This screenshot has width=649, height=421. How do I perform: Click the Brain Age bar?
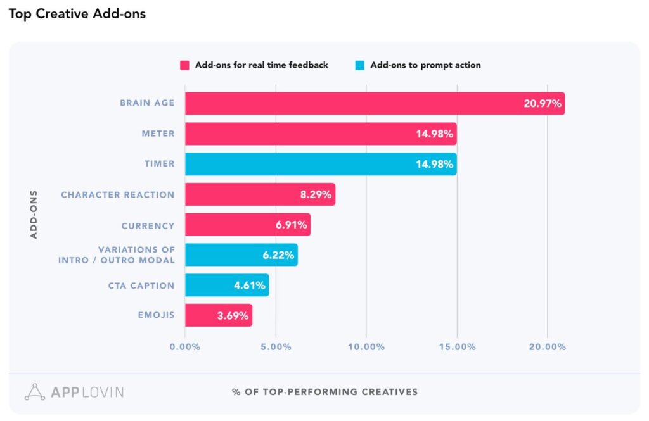pos(374,103)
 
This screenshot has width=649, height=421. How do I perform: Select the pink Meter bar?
pos(320,134)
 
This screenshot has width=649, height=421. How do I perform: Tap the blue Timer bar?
pos(320,164)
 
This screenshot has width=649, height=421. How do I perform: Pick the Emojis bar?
pos(218,315)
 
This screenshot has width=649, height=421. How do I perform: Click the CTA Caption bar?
pos(226,285)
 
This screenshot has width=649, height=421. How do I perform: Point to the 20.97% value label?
pos(542,104)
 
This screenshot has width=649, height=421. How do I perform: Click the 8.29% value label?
pos(316,194)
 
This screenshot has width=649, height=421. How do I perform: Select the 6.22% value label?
pos(278,255)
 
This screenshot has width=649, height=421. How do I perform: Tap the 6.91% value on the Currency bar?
pos(291,225)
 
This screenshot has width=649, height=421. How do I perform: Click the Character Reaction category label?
pos(117,194)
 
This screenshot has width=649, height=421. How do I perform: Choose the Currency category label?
pos(148,225)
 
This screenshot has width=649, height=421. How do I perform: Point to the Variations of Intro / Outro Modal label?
pos(116,255)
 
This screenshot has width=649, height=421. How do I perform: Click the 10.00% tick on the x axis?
pos(366,347)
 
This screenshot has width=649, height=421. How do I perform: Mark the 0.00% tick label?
pos(185,347)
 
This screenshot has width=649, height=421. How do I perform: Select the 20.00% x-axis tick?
pos(547,347)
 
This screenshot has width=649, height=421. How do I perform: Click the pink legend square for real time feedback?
pos(185,65)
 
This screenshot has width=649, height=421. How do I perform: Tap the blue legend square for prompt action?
pos(360,65)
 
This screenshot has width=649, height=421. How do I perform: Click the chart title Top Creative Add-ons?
pos(77,13)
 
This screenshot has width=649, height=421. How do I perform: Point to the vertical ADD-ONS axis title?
pos(34,213)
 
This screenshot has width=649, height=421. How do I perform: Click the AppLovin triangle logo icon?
pos(35,392)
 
